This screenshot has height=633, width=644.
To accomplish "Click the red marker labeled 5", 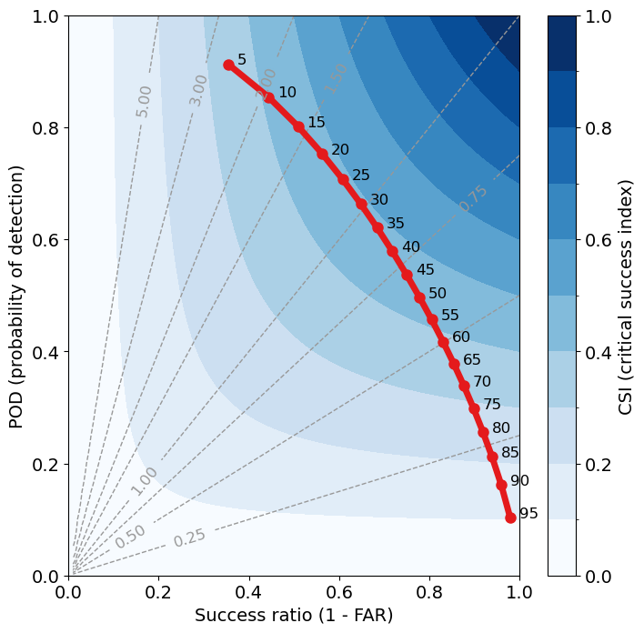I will pos(228,65).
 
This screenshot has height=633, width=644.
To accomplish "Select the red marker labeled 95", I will pos(510,517).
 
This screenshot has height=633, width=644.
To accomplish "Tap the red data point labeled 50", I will pos(419,297).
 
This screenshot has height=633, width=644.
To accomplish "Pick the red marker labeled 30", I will pos(361,204).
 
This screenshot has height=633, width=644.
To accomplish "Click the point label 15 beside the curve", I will pos(316,122).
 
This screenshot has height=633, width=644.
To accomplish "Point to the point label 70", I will pos(482,382).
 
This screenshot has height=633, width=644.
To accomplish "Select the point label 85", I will pos(510,452).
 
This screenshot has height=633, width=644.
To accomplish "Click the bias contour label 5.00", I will pos(144,101).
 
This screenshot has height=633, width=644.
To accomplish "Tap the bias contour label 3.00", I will pos(198,90).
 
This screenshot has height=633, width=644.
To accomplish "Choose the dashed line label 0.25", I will pos(189,538).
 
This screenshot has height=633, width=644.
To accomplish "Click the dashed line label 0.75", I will pos(474,198).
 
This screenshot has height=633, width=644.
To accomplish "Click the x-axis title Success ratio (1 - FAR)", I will pos(294,616).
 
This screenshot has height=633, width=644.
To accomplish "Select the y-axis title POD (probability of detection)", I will pos(15,296).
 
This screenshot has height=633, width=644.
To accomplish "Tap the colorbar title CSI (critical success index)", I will pos(625,296).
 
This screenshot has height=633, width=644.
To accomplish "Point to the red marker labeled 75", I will pos(474,408).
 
